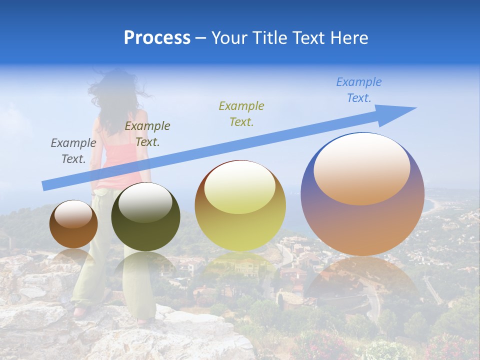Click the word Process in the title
[x=157, y=38]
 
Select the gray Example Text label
[x=73, y=151]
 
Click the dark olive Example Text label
[x=147, y=134]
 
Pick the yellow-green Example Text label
[x=241, y=113]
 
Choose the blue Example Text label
[x=359, y=90]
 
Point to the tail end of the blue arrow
[x=45, y=186]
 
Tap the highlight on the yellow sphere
[x=240, y=186]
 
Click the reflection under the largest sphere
[x=362, y=280]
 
